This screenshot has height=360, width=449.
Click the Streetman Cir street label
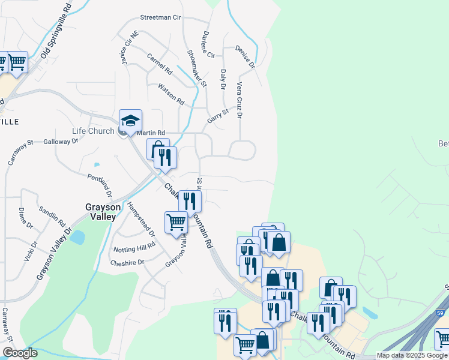click(160, 18)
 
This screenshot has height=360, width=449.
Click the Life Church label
click(93, 131)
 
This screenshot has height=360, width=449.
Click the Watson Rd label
click(170, 95)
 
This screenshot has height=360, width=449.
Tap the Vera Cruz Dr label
click(240, 100)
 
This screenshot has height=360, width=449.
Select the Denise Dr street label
click(246, 56)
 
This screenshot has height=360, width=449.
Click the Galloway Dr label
click(61, 142)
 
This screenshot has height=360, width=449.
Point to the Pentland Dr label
click(100, 185)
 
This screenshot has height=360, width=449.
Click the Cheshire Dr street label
click(127, 262)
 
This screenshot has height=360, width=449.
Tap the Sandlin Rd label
click(52, 215)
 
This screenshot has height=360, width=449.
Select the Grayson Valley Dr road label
click(53, 253)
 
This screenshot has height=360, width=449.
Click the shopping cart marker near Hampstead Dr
click(176, 223)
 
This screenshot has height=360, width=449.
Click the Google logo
click(20, 353)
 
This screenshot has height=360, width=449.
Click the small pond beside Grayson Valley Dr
click(77, 236)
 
